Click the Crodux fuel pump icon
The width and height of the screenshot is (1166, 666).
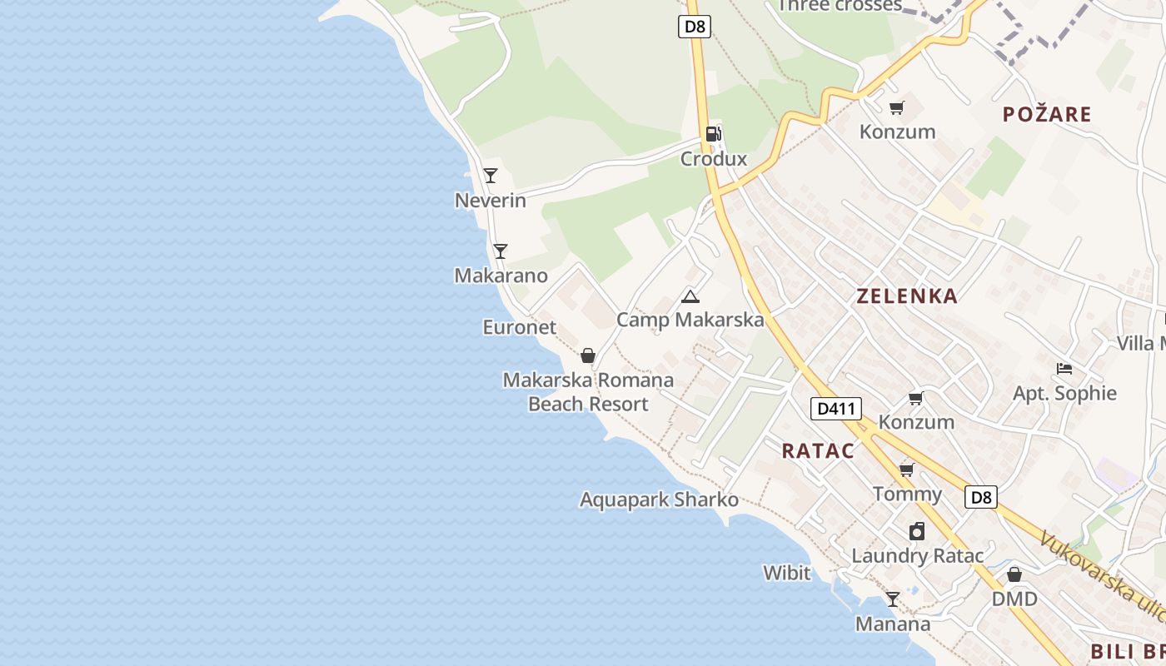pyautogui.click(x=713, y=134)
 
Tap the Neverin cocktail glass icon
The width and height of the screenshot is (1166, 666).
pyautogui.click(x=491, y=176)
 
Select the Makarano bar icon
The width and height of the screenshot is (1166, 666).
pyautogui.click(x=501, y=251)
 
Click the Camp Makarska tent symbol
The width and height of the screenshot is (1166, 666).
pyautogui.click(x=690, y=296)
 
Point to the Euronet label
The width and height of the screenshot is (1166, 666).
pyautogui.click(x=519, y=327)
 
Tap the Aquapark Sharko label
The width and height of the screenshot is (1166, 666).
pyautogui.click(x=659, y=499)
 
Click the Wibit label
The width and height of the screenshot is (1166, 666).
pyautogui.click(x=786, y=573)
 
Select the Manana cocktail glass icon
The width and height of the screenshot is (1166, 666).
pyautogui.click(x=893, y=599)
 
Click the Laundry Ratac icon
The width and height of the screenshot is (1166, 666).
pyautogui.click(x=917, y=531)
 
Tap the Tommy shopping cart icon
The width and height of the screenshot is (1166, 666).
pyautogui.click(x=907, y=470)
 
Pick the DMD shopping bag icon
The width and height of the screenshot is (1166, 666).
pyautogui.click(x=1014, y=575)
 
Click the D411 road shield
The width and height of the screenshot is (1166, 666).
pyautogui.click(x=835, y=409)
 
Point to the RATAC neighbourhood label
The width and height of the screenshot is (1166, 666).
pyautogui.click(x=818, y=451)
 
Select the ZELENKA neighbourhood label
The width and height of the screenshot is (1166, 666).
pyautogui.click(x=907, y=296)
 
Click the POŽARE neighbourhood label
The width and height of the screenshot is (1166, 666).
pyautogui.click(x=1047, y=115)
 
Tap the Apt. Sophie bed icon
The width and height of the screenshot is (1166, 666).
pyautogui.click(x=1064, y=369)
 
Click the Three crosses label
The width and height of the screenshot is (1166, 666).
pyautogui.click(x=840, y=6)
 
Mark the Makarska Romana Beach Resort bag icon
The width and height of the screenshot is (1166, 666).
pyautogui.click(x=588, y=356)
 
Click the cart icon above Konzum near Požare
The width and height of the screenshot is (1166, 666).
pyautogui.click(x=897, y=108)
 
